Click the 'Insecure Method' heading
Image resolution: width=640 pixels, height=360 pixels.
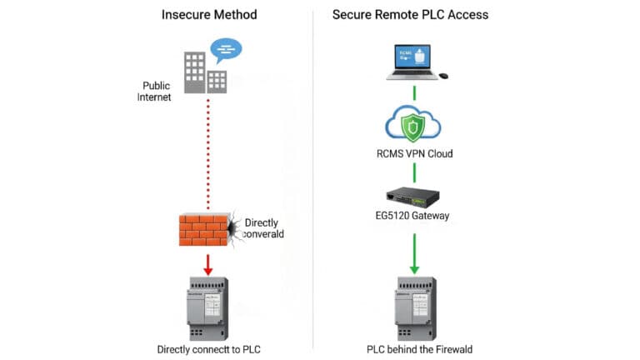(x=209, y=14)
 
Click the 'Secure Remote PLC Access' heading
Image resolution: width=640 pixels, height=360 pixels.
(x=410, y=14)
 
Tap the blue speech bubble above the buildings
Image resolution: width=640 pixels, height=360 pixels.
(x=226, y=50)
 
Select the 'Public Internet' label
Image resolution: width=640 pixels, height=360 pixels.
(x=156, y=91)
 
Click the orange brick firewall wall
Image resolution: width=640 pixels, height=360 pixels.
(x=204, y=229)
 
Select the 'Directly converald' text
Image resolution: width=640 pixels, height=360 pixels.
(x=263, y=228)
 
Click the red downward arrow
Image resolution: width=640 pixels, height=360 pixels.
(x=207, y=263)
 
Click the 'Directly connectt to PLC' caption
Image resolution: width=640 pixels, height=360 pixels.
(x=207, y=349)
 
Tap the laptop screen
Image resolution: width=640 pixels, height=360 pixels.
(x=412, y=56)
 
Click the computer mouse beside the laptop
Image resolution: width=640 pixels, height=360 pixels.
(x=443, y=76)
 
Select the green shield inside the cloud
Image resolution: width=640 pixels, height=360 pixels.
(x=412, y=127)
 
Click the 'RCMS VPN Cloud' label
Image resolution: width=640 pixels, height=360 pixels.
(x=412, y=153)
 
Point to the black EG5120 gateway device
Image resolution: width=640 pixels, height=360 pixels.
(x=412, y=197)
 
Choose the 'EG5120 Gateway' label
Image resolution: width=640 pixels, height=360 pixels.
(x=412, y=217)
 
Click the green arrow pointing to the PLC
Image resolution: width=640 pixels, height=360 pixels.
(x=412, y=254)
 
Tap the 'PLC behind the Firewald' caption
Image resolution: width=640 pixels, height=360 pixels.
(x=414, y=349)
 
